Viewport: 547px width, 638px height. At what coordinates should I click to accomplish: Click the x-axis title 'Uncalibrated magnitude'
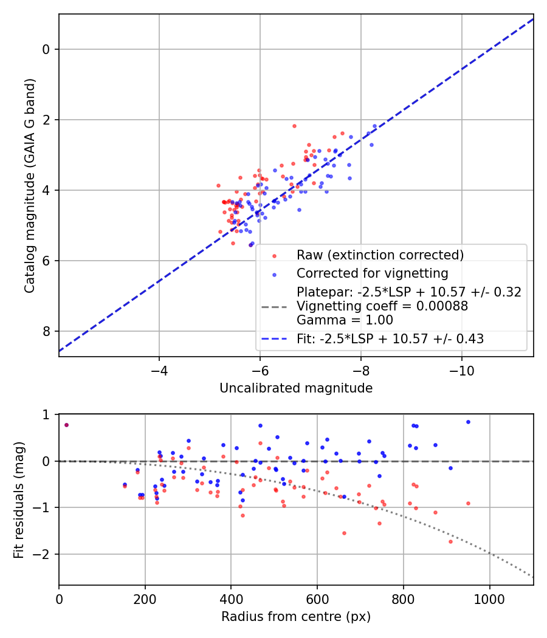click(296, 388)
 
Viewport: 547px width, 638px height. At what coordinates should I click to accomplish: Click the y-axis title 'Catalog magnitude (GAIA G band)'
click(30, 185)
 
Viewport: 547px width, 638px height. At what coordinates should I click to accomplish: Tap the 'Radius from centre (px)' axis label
click(296, 617)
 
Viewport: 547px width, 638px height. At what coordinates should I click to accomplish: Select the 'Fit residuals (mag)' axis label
click(19, 499)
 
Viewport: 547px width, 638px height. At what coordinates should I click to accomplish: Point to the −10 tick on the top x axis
click(461, 370)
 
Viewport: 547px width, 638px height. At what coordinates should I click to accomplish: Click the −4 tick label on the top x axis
click(159, 370)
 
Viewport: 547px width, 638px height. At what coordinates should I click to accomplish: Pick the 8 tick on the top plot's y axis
click(46, 332)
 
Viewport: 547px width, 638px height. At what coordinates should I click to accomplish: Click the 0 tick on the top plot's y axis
click(46, 49)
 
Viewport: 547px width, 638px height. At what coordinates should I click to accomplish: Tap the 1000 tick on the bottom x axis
click(490, 599)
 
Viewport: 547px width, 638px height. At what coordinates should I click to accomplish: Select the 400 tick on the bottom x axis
click(231, 599)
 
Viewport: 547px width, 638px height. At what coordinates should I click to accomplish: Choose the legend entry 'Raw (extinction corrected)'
click(380, 255)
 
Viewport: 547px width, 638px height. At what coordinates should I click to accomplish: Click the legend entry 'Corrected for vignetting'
click(372, 273)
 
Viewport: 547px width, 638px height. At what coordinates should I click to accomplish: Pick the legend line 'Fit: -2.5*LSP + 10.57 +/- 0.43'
click(390, 339)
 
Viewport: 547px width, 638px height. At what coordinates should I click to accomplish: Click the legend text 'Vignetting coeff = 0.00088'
click(382, 306)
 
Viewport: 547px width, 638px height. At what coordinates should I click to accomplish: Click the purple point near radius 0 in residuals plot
click(66, 425)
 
